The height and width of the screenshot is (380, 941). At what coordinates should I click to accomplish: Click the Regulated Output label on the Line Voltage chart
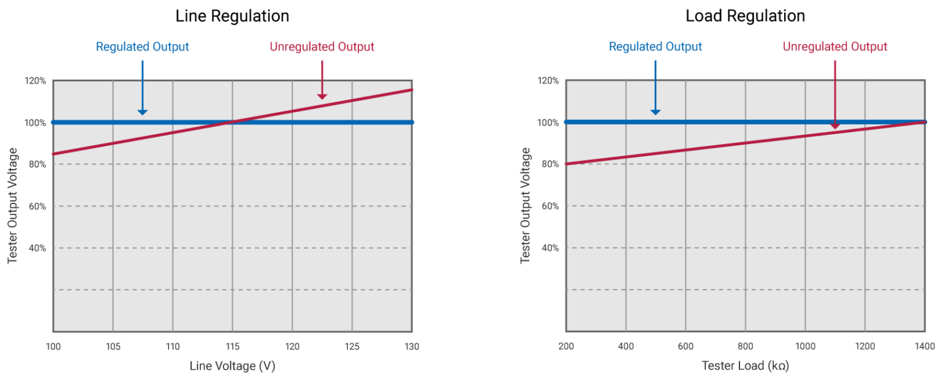(x=142, y=47)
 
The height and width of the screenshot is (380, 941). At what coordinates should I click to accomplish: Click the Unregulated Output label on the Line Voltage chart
(x=322, y=47)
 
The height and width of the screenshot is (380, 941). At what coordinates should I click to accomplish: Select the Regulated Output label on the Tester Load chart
(x=656, y=47)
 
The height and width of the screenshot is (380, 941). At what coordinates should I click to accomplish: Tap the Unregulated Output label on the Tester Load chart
(x=835, y=47)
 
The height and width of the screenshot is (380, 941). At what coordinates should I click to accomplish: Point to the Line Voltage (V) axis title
(x=232, y=366)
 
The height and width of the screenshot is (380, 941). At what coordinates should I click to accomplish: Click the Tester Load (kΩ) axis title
(x=745, y=366)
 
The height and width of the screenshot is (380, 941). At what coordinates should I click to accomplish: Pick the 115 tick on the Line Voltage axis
(x=232, y=346)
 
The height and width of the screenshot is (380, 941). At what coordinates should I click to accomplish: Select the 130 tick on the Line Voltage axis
(x=412, y=346)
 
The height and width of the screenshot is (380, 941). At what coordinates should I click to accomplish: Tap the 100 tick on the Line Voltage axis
(x=53, y=346)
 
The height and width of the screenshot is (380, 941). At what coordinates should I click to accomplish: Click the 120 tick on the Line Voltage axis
(x=292, y=346)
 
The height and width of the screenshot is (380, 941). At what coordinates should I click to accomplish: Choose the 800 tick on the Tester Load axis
(x=745, y=346)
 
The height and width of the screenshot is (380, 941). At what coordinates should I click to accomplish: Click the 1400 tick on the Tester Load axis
(x=924, y=346)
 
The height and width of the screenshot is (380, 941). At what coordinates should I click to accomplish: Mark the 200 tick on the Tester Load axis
(x=566, y=346)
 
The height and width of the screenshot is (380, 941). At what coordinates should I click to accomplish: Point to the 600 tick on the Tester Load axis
(x=685, y=346)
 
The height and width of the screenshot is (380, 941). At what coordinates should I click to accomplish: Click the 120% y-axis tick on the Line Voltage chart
(x=35, y=81)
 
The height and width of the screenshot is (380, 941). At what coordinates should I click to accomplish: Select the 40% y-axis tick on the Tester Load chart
(x=549, y=248)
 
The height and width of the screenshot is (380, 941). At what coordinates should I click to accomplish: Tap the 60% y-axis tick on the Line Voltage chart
(x=37, y=207)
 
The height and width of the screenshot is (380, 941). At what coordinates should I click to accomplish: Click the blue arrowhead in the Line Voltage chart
(x=142, y=112)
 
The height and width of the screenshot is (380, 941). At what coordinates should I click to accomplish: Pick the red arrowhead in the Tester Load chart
(x=835, y=126)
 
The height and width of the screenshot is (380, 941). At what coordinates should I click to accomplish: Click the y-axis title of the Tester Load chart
(x=526, y=206)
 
